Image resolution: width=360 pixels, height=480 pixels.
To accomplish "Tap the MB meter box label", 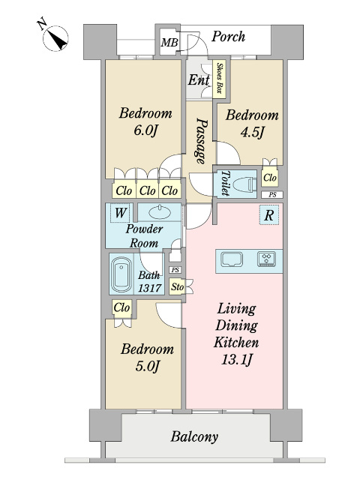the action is [169, 42].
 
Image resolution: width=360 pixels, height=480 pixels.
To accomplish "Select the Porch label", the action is [228, 37].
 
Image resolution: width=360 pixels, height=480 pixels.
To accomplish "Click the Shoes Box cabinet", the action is [220, 79].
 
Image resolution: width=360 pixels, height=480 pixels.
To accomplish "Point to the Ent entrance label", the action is [199, 80].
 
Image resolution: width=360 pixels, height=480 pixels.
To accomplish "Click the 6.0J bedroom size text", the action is [145, 131].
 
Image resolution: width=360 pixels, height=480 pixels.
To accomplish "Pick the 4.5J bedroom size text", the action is [252, 133].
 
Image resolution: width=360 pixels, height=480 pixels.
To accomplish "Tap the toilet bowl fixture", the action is [244, 185].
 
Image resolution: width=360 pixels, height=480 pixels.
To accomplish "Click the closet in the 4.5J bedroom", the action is [270, 177].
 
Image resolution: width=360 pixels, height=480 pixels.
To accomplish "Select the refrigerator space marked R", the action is [269, 215].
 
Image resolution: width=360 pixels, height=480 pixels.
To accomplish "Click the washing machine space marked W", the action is [120, 212].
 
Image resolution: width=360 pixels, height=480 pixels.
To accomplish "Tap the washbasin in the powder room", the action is [160, 211].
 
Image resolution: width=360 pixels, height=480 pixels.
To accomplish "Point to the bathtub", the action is [121, 274].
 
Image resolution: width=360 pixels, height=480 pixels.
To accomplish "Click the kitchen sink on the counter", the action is [232, 260].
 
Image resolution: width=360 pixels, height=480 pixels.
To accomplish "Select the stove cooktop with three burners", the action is [267, 259].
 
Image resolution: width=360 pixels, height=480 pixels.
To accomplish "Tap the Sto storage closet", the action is [177, 286].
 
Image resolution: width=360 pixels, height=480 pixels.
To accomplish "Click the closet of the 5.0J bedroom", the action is [121, 308].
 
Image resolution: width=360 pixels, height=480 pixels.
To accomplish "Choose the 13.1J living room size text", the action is [237, 360].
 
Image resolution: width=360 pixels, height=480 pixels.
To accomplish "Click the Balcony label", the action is [194, 436].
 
